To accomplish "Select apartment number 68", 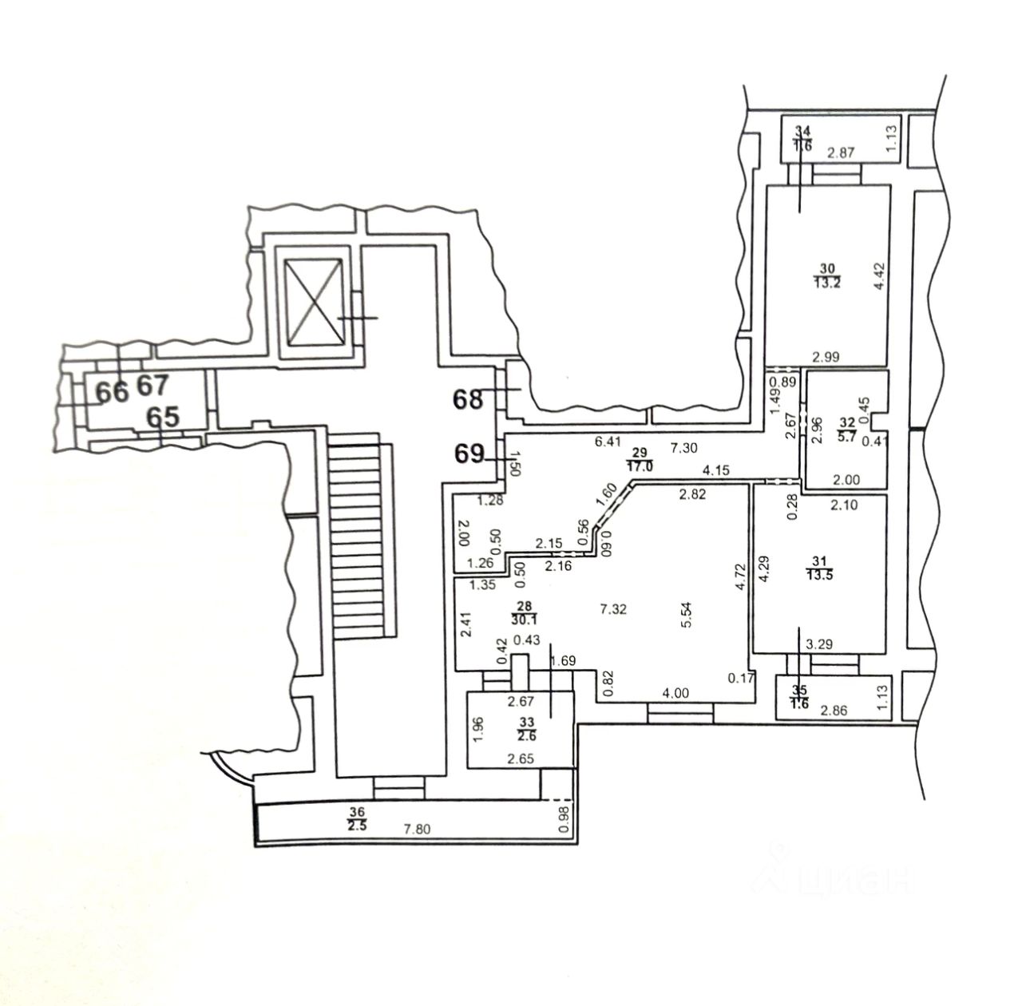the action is (x=469, y=398).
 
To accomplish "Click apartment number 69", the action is (x=469, y=454).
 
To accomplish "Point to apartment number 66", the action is (x=113, y=392).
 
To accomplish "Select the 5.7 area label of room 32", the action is (x=847, y=436).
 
